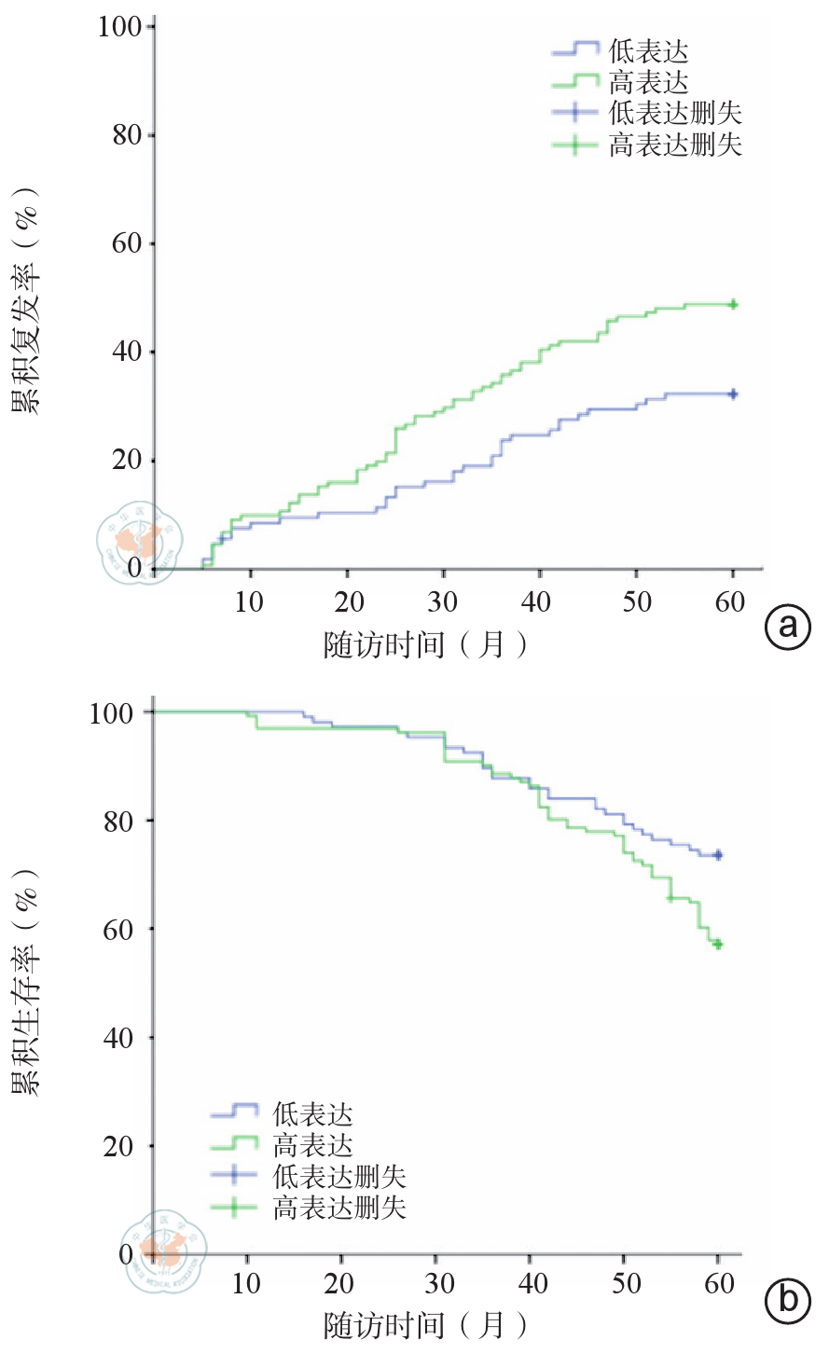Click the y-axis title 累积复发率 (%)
click(27, 300)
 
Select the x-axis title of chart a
click(425, 644)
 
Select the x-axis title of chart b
click(425, 1325)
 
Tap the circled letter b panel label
click(788, 1299)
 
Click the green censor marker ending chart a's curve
click(733, 304)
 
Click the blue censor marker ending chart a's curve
click(733, 394)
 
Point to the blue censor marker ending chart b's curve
click(717, 855)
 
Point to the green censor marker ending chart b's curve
click(717, 944)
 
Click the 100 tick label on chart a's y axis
click(119, 27)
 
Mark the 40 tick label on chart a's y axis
click(127, 352)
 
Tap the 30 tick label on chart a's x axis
click(443, 602)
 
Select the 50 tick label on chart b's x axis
click(627, 1284)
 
